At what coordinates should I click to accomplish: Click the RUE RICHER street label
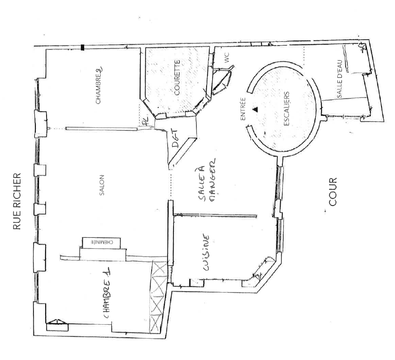[x=17, y=201]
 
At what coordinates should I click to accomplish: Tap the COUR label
[x=333, y=192]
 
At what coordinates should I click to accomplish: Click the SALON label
[x=102, y=185]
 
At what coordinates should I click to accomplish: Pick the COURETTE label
[x=177, y=77]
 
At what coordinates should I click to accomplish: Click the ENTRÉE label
[x=243, y=109]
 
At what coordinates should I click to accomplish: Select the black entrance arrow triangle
[x=255, y=109]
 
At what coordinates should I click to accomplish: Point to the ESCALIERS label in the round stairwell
[x=287, y=108]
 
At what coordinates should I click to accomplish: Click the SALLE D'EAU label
[x=339, y=79]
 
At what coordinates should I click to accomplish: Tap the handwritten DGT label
[x=174, y=139]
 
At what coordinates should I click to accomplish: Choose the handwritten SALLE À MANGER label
[x=208, y=180]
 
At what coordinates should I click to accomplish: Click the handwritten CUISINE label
[x=206, y=253]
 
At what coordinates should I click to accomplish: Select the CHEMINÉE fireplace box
[x=101, y=243]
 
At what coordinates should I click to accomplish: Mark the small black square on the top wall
[x=82, y=47]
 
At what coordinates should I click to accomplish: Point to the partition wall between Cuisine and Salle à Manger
[x=215, y=215]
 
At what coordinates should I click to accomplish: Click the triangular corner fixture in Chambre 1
[x=57, y=325]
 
